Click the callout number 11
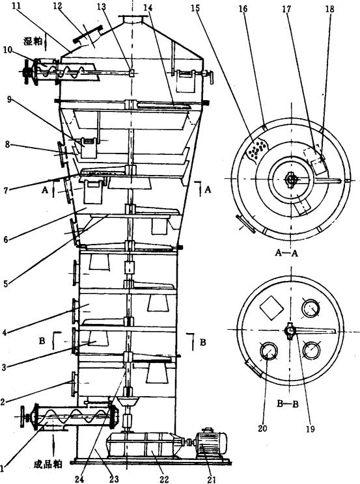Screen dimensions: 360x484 [19, 7]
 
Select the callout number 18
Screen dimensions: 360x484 [330, 8]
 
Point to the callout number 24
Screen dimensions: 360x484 [79, 479]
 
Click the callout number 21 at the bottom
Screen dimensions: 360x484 [212, 479]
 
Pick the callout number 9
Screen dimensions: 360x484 [9, 100]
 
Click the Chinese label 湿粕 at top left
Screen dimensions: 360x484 [33, 41]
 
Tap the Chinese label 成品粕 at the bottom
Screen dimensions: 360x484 [48, 464]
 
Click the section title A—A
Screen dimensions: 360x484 [286, 253]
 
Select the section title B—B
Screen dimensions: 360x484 [287, 404]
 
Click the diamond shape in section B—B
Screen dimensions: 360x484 [271, 308]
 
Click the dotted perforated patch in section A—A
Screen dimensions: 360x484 [256, 149]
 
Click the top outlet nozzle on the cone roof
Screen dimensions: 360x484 [133, 19]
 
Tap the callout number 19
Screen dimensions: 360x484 [311, 429]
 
